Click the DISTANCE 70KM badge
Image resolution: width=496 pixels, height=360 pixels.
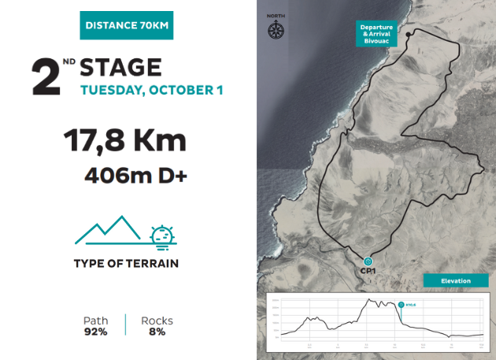pyautogui.click(x=126, y=25)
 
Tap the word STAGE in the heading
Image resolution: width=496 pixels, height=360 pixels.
pyautogui.click(x=120, y=68)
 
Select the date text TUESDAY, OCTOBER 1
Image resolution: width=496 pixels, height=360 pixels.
pyautogui.click(x=152, y=90)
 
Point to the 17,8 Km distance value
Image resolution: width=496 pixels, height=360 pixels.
pyautogui.click(x=124, y=143)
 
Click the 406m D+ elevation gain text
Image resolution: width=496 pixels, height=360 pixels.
pyautogui.click(x=135, y=175)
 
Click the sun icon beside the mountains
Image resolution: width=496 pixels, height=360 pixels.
pyautogui.click(x=163, y=235)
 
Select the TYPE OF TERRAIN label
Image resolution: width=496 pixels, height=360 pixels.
pyautogui.click(x=126, y=262)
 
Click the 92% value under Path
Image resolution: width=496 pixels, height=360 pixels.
pyautogui.click(x=95, y=332)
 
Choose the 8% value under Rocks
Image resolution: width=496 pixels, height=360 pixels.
pyautogui.click(x=157, y=332)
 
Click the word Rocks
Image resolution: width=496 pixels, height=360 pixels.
pyautogui.click(x=157, y=321)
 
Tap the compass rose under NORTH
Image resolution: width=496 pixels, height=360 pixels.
pyautogui.click(x=276, y=31)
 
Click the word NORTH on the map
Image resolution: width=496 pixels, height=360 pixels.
pyautogui.click(x=276, y=16)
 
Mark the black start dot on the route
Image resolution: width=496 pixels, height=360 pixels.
pyautogui.click(x=408, y=35)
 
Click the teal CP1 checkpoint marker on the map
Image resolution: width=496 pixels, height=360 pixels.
pyautogui.click(x=368, y=261)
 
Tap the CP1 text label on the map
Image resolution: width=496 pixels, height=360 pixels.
pyautogui.click(x=368, y=271)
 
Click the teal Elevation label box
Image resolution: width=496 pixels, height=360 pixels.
pyautogui.click(x=455, y=280)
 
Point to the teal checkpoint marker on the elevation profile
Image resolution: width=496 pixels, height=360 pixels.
pyautogui.click(x=401, y=304)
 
